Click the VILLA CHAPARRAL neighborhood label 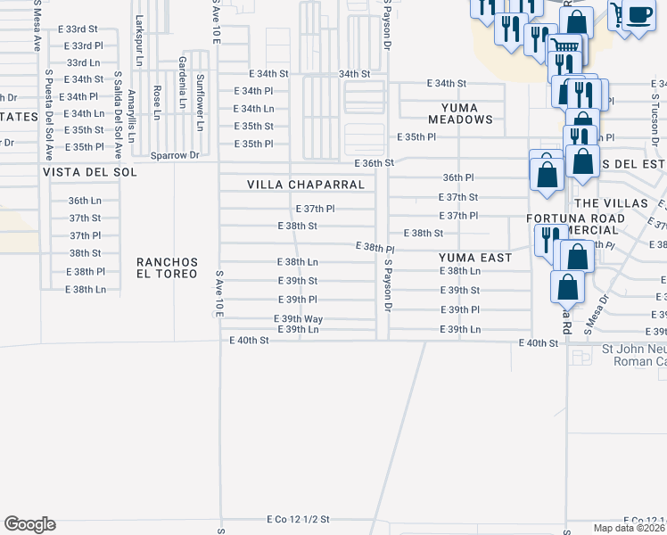tap(306, 185)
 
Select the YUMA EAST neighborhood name tap(475, 258)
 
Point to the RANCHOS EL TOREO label tap(166, 267)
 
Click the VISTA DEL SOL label tap(90, 171)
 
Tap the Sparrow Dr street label tap(175, 155)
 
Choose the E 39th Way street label tap(298, 318)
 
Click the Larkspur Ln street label tap(138, 32)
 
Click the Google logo tap(29, 524)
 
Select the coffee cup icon tap(638, 15)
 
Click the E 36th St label tap(374, 163)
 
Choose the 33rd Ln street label tap(85, 62)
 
